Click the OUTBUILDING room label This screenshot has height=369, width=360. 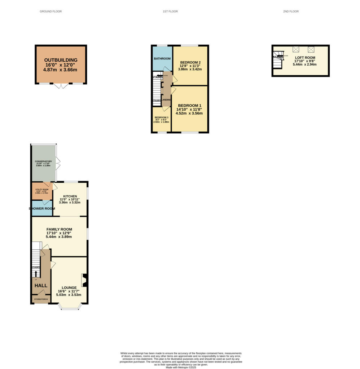(61, 60)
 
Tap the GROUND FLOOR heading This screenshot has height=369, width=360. (51, 12)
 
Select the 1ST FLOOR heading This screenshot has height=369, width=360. (170, 12)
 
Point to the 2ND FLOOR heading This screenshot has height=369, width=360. (291, 12)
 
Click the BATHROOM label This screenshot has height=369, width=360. (162, 58)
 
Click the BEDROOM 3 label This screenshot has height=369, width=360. (161, 117)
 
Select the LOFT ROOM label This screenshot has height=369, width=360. (305, 58)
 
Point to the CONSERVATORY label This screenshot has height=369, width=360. (43, 161)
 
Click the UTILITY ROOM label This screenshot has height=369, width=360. (42, 189)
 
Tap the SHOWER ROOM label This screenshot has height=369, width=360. (42, 209)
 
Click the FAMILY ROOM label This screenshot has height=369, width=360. (59, 229)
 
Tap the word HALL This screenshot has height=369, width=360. (41, 285)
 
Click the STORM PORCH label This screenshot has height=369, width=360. (41, 299)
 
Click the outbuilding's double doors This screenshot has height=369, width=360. (61, 86)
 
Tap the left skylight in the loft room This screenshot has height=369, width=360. (296, 49)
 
